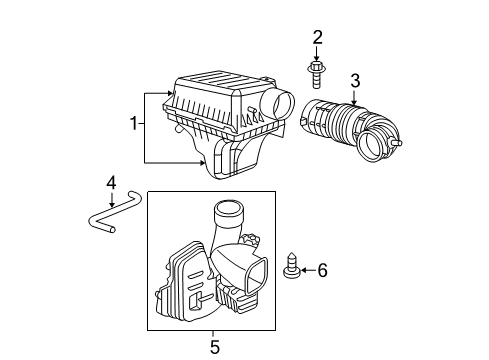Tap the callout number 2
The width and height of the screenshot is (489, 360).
[x=317, y=38]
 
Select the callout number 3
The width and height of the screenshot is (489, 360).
[x=354, y=82]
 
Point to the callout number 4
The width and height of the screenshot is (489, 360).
[x=112, y=182]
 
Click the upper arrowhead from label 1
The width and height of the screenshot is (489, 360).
[x=172, y=92]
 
